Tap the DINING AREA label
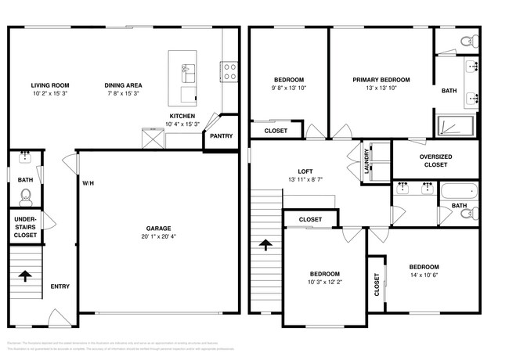pos(123,85)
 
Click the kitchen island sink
pos(188,74)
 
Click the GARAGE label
pos(158,229)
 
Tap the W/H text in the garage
pos(88,183)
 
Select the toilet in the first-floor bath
pos(25,195)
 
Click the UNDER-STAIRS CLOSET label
pos(24,226)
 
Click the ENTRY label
pos(60,286)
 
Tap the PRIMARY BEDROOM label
pos(381,79)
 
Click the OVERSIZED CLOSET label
pos(435,160)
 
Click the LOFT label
pos(305,171)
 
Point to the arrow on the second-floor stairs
pos(265,245)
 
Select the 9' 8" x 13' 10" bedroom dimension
pos(289,88)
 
